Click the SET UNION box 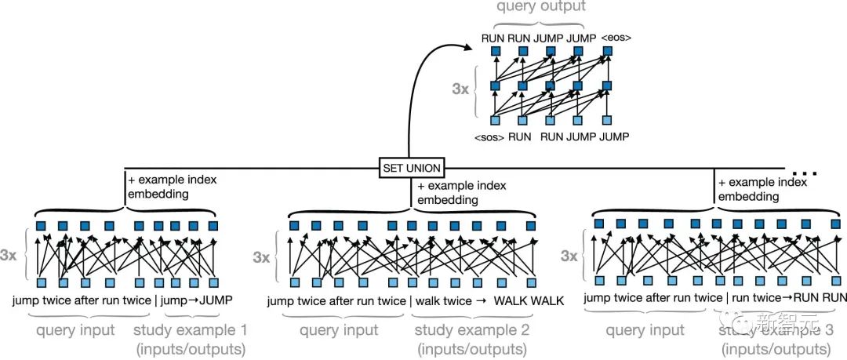410,167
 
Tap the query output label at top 540,7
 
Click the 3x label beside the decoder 460,89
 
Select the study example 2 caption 471,339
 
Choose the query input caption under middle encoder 339,330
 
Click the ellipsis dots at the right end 804,170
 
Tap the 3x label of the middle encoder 261,256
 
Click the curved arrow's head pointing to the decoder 474,46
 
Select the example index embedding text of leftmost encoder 172,187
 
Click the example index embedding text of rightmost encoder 762,190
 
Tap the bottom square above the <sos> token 496,119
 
